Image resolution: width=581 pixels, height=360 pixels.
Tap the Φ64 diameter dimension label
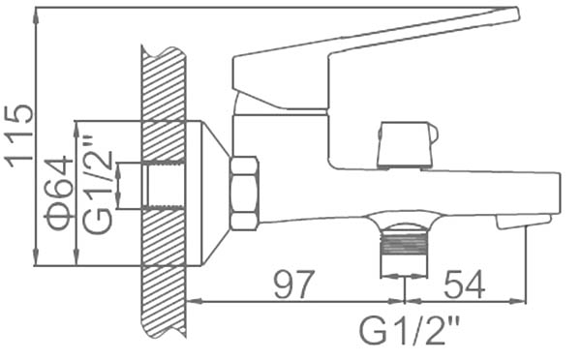[58, 193]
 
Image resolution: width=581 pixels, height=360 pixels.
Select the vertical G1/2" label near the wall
[97, 187]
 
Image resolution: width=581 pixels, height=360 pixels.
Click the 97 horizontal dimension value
[294, 285]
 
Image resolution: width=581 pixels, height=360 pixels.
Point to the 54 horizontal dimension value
[465, 285]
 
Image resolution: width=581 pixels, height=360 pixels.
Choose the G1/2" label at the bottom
[410, 330]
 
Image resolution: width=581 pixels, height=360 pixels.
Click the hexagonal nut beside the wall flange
[244, 194]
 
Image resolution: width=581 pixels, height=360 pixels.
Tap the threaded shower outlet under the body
[404, 250]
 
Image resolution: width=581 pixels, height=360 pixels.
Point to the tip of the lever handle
[518, 15]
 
